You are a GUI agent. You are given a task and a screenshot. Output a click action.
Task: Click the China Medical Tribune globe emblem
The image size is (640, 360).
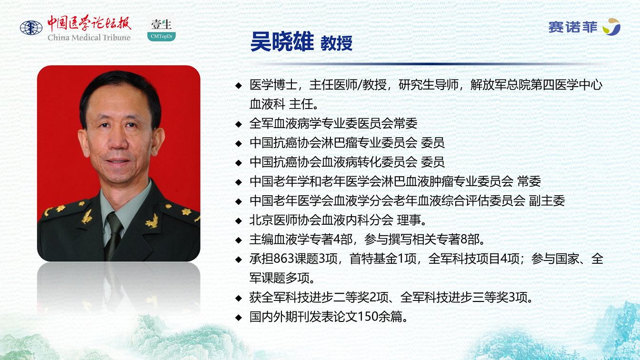[31, 28]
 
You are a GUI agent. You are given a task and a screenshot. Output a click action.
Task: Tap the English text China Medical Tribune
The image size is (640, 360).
[89, 38]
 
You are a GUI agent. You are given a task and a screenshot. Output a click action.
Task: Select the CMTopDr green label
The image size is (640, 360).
[161, 36]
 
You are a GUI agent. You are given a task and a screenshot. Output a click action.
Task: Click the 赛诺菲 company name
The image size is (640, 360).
[573, 28]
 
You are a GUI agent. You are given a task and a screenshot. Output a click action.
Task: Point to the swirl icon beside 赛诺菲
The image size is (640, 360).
[611, 27]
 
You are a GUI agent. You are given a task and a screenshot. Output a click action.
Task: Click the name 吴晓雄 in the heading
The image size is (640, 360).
[282, 42]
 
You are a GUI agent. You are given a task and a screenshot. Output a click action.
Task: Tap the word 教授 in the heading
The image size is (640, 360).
[336, 43]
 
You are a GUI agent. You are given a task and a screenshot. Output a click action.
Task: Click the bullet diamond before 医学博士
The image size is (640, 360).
[239, 85]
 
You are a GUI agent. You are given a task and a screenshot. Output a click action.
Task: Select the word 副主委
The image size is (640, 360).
[547, 200]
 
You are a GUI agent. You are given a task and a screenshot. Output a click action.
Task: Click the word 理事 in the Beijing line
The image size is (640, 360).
[409, 220]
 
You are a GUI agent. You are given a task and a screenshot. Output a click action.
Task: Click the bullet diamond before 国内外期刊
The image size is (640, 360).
[239, 318]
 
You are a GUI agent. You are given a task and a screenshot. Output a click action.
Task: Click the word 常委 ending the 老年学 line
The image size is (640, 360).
[529, 181]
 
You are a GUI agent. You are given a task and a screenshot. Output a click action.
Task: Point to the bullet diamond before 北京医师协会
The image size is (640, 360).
[239, 221]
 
